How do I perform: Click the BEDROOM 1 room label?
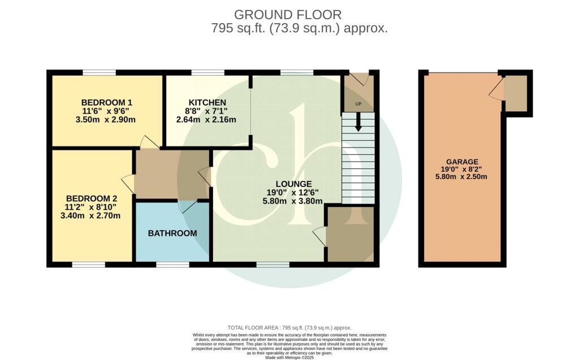tap(107, 102)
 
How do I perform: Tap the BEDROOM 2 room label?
tap(92, 198)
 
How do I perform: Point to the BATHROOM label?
tap(172, 233)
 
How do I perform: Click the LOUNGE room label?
tap(293, 184)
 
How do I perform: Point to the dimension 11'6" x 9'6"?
tap(107, 111)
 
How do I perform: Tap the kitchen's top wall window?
tap(208, 72)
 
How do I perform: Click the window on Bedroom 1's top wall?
tap(100, 72)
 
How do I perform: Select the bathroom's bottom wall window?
tap(172, 264)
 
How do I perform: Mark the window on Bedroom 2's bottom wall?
tap(89, 264)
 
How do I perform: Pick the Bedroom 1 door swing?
tap(149, 142)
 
